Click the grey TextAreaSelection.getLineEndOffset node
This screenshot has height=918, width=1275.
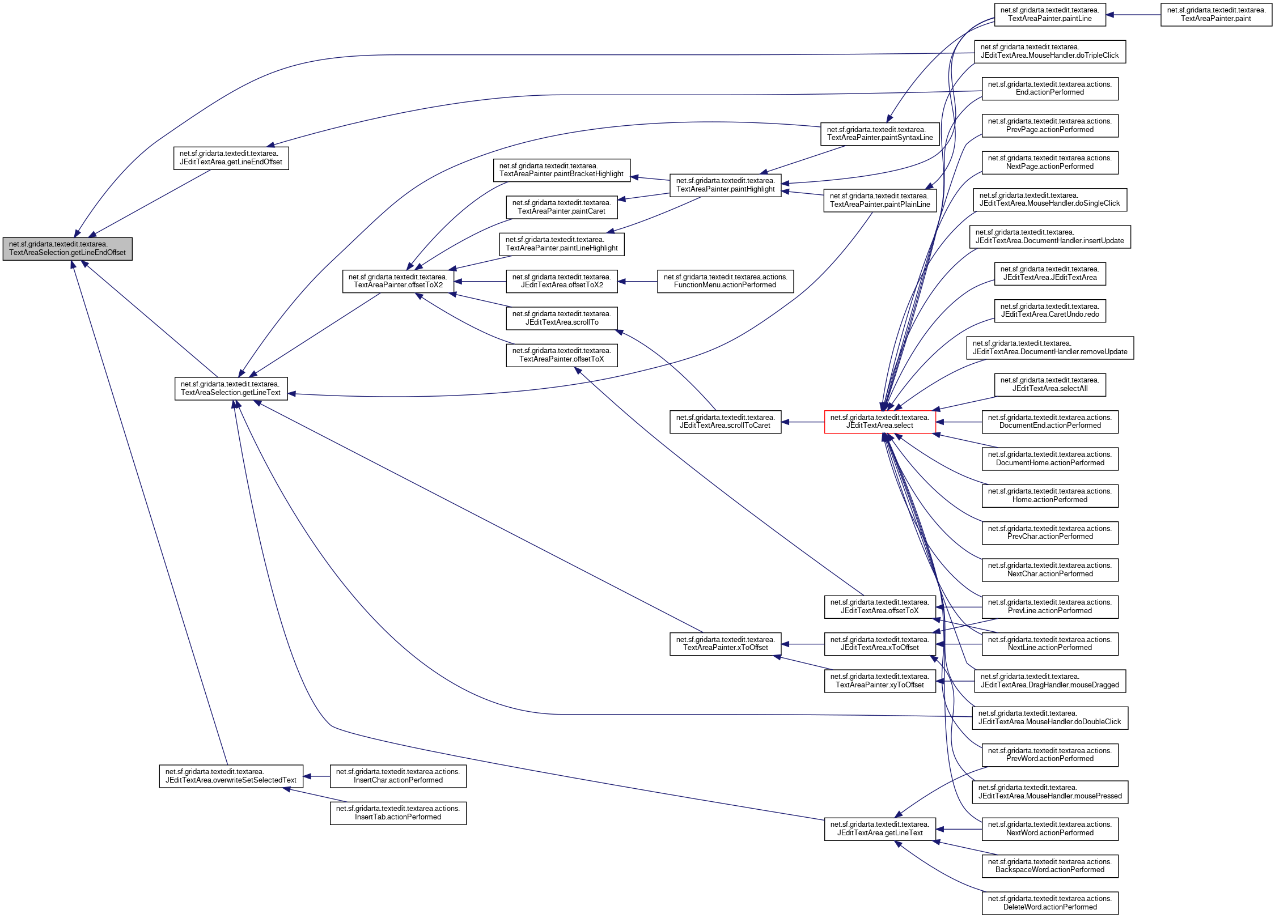tap(67, 249)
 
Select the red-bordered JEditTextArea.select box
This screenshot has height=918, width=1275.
tap(879, 422)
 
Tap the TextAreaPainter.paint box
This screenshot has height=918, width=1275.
tap(1216, 15)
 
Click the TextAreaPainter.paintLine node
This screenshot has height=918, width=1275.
tap(1049, 15)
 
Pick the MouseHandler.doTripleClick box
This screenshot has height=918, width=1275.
tap(1049, 52)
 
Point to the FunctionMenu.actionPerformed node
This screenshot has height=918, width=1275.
tap(725, 281)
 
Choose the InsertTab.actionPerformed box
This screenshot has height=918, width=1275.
tap(398, 813)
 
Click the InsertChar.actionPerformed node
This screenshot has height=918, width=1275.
tap(398, 776)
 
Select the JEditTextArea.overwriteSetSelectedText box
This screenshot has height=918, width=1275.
tap(231, 776)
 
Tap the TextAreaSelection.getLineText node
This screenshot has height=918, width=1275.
tap(231, 388)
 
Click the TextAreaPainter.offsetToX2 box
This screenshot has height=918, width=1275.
tap(398, 281)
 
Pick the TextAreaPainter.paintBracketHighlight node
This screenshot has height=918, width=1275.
tap(561, 170)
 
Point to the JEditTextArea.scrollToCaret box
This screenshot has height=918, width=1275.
tap(725, 422)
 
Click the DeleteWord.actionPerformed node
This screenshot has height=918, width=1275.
tap(1049, 903)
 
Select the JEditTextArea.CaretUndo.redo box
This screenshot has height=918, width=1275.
tap(1049, 311)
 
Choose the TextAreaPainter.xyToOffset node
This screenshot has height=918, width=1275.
tap(879, 681)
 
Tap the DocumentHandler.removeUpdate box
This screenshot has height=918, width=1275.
tap(1049, 347)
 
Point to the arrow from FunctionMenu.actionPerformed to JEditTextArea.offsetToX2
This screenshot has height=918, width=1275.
tap(637, 281)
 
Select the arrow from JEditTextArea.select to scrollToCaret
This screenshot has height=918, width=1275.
tap(802, 422)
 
